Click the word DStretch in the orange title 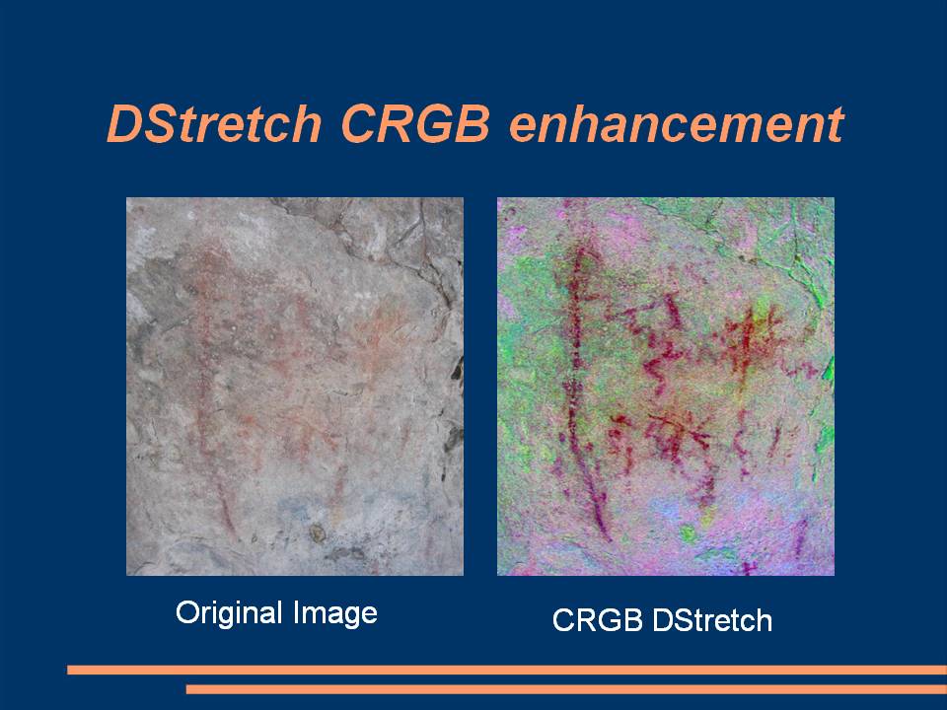pos(214,124)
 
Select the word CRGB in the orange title pos(415,124)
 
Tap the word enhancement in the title pos(677,124)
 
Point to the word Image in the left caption pos(335,613)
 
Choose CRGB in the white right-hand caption pos(598,620)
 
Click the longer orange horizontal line pos(507,670)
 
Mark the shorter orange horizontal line pos(566,689)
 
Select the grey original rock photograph pos(295,387)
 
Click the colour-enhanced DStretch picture pos(666,387)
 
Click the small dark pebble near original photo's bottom pos(317,532)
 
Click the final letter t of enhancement pos(837,125)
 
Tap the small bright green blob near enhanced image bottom pos(688,533)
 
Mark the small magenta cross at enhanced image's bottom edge pos(749,568)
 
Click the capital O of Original pos(186,611)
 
